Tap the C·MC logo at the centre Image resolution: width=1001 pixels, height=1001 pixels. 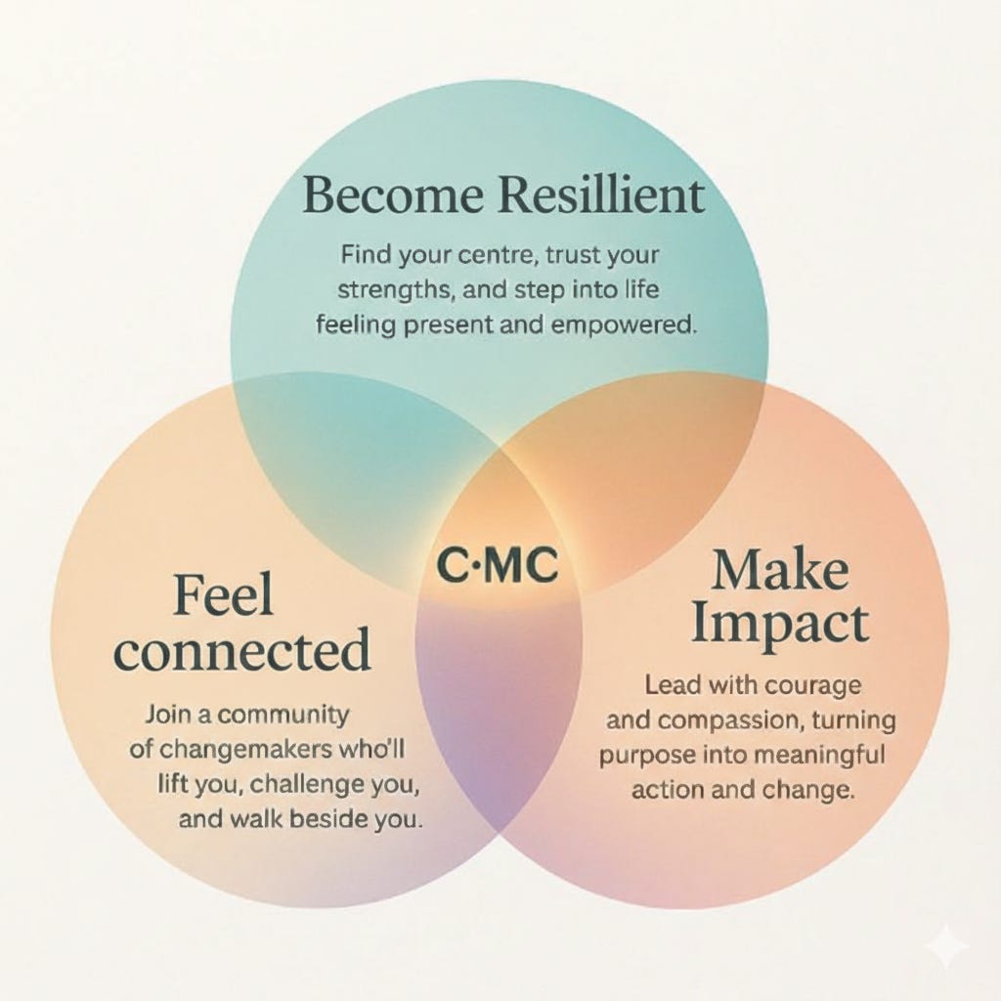[x=498, y=565]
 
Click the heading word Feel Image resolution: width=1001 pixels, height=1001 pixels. [x=223, y=595]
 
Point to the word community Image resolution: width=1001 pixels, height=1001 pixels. [x=283, y=715]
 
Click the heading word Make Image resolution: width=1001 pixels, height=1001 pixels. [x=779, y=571]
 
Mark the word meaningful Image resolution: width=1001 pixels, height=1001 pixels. [x=822, y=755]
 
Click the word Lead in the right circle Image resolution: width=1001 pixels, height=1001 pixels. [x=673, y=685]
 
